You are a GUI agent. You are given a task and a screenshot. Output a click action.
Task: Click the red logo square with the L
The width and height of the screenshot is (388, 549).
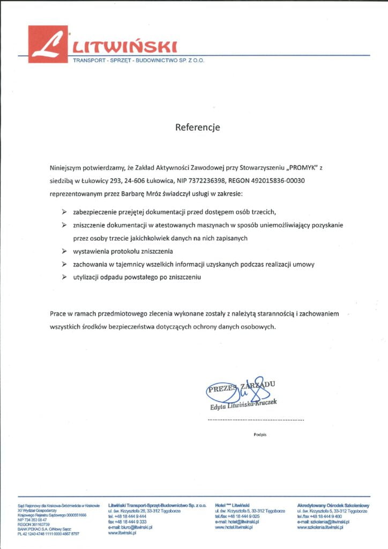pyautogui.click(x=48, y=44)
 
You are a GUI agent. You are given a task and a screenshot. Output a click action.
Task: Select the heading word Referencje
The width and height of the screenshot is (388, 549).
pyautogui.click(x=198, y=128)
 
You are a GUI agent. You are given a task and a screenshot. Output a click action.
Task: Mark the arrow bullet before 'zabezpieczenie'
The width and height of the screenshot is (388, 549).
pyautogui.click(x=64, y=212)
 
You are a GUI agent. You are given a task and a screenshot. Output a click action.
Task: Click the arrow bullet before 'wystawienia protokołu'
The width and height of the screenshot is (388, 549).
pyautogui.click(x=64, y=251)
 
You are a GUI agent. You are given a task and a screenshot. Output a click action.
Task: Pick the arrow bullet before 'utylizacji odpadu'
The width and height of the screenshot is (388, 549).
pyautogui.click(x=64, y=277)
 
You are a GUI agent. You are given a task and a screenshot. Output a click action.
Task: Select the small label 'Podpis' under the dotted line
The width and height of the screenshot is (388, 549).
pyautogui.click(x=260, y=434)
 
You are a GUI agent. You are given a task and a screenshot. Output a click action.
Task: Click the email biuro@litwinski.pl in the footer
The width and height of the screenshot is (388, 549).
pyautogui.click(x=131, y=528)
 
